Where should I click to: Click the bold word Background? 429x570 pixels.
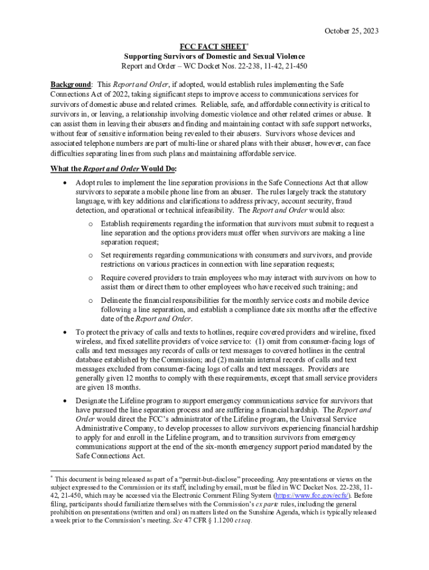pyautogui.click(x=71, y=84)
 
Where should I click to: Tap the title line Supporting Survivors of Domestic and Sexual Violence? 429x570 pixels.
pyautogui.click(x=214, y=57)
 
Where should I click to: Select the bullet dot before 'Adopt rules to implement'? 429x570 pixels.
pyautogui.click(x=66, y=183)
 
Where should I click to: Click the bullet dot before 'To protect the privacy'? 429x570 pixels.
pyautogui.click(x=66, y=331)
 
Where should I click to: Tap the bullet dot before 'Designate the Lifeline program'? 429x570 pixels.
pyautogui.click(x=66, y=401)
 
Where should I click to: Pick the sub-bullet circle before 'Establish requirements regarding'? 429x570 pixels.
pyautogui.click(x=91, y=224)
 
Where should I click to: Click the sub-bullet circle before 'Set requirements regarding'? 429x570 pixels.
pyautogui.click(x=91, y=255)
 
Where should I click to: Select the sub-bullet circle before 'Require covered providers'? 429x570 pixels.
pyautogui.click(x=91, y=278)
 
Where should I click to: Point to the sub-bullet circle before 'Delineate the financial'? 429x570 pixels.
pyautogui.click(x=91, y=301)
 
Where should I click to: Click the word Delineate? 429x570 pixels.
pyautogui.click(x=118, y=300)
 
